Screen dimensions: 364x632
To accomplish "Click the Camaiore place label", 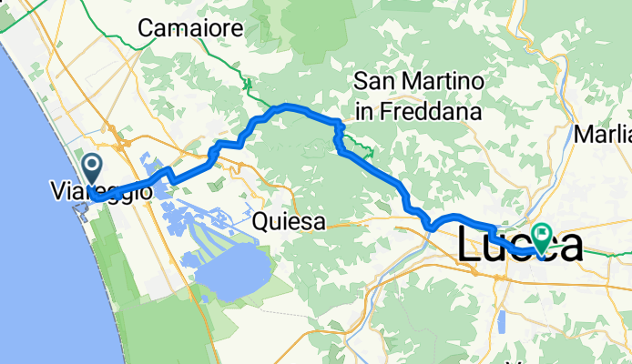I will pyautogui.click(x=190, y=29).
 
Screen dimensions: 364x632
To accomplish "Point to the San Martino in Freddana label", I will pyautogui.click(x=417, y=96).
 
